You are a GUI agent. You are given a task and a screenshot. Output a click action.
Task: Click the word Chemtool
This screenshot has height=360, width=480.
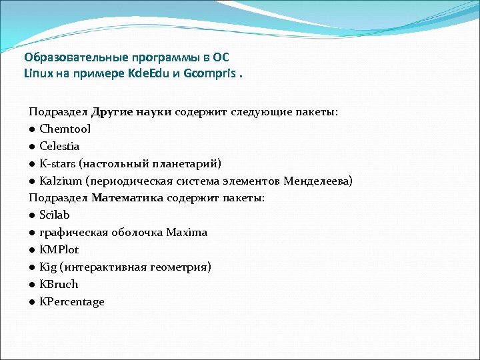pos(65,129)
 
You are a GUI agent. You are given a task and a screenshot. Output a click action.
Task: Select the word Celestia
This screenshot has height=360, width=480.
pos(59,146)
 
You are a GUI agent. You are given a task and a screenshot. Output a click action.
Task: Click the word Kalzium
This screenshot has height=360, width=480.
pos(61,181)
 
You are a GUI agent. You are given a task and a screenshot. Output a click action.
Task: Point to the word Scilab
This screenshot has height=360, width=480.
pos(54,215)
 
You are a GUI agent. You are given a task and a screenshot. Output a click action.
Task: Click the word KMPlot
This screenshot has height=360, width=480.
pos(59,249)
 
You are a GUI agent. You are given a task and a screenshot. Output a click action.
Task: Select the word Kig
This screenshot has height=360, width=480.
pos(48,267)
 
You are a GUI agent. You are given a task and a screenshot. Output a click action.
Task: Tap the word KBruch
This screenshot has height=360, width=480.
pos(59,284)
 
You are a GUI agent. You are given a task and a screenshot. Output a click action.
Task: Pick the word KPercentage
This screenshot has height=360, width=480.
pos(72,302)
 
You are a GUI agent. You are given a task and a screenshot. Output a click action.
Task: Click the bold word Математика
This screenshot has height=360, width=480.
pos(128,198)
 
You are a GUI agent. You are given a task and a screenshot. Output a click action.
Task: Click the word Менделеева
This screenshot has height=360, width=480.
pos(317,181)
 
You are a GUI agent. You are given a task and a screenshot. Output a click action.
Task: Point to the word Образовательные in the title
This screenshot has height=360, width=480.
pos(71,57)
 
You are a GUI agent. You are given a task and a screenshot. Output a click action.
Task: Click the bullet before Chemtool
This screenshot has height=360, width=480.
pos(32,129)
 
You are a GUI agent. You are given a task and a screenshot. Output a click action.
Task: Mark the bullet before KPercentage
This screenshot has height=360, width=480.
pos(32,302)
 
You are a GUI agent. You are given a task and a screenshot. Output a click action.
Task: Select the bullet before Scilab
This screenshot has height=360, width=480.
pos(32,215)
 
